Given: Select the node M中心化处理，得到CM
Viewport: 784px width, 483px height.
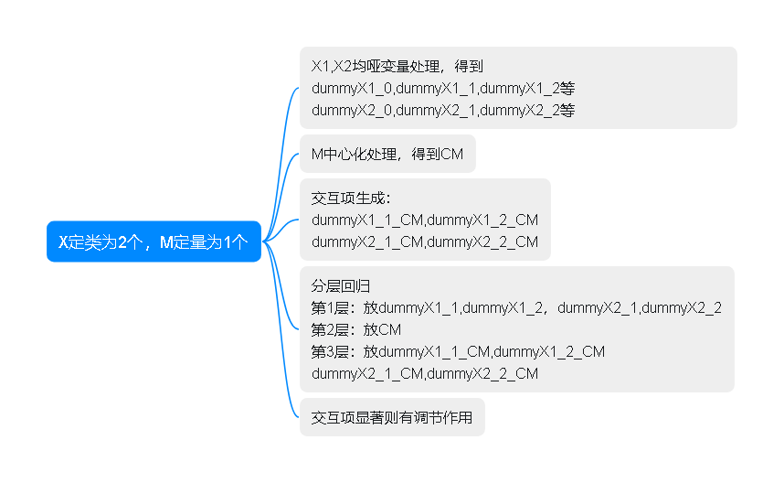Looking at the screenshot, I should [x=387, y=154].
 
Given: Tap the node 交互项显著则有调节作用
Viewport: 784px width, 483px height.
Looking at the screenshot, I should [x=392, y=418].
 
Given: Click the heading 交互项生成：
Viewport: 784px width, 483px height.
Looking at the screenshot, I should [x=351, y=198].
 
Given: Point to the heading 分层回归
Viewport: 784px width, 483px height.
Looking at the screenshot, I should [x=341, y=285].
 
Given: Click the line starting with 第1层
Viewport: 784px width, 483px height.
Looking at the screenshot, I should [x=516, y=307].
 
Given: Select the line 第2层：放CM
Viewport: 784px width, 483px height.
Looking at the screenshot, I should [x=356, y=329].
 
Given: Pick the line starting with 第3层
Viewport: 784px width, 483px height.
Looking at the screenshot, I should [x=458, y=351].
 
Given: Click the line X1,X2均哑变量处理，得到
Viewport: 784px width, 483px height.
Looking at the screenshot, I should [x=397, y=66].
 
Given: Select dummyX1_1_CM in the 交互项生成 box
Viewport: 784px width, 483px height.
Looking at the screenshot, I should [x=367, y=220].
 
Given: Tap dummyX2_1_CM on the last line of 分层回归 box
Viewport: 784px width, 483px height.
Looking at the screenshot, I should [x=367, y=373].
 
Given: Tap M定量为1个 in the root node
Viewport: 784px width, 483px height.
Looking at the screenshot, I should [x=205, y=241].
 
